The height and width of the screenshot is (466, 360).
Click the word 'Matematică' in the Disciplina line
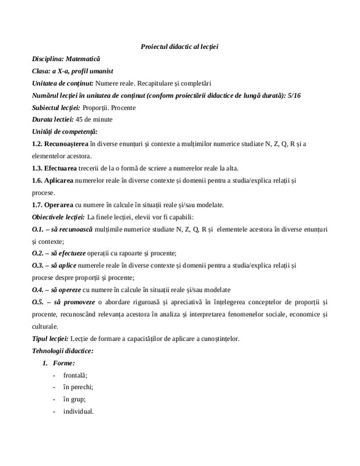pos(83,59)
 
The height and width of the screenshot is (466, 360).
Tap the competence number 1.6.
pos(38,181)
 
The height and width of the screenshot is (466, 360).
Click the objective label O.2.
pos(38,253)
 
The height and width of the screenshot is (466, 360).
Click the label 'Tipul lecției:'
pos(51,339)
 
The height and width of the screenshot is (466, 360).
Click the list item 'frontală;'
pos(74,375)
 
